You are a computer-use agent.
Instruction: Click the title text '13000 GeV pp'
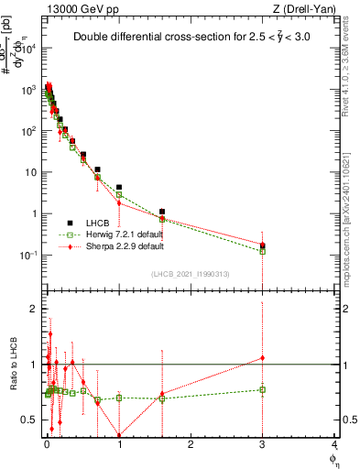[76, 10]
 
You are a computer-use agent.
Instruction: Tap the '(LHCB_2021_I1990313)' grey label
[190, 274]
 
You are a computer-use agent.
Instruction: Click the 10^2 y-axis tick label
[31, 131]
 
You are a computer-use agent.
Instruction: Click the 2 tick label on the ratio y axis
[35, 309]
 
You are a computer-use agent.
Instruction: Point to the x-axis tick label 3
[263, 444]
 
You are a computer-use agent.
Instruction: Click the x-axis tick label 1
[119, 444]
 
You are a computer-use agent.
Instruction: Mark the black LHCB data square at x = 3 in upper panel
[263, 245]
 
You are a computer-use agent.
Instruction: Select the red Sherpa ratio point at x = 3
[263, 357]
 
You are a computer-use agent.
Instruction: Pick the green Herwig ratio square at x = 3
[263, 389]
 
